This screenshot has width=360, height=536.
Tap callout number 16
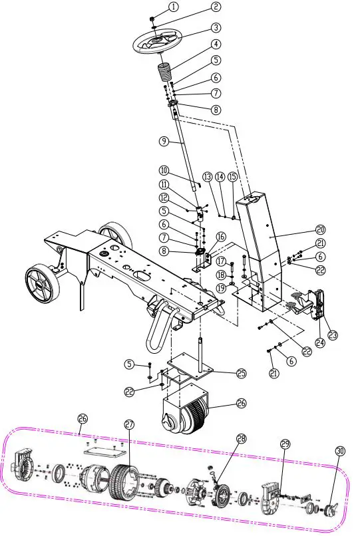tap(220, 237)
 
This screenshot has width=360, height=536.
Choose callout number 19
tap(220, 288)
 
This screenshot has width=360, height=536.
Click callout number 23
tap(332, 335)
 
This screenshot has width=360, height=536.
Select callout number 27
tap(128, 424)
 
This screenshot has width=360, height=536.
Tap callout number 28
tap(240, 438)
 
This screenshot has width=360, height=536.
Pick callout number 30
tap(340, 451)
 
